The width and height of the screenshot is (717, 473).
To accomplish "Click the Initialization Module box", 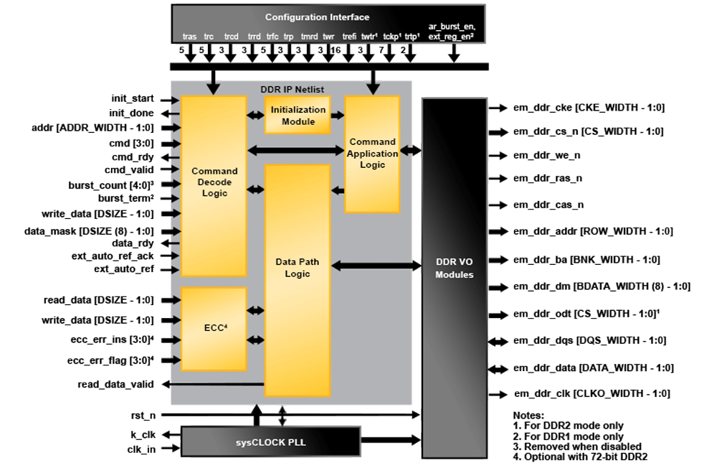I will [x=298, y=116].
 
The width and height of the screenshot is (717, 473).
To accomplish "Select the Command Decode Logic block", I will [x=214, y=182].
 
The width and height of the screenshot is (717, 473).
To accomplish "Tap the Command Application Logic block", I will [x=372, y=153].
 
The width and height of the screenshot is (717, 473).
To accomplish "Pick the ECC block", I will [x=214, y=329].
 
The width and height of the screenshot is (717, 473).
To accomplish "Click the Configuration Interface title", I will [x=317, y=17].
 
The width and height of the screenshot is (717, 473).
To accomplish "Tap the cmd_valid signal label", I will [x=133, y=169].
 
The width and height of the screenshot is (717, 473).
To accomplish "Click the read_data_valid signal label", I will [x=115, y=384].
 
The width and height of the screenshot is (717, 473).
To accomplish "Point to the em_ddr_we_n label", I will [x=546, y=154].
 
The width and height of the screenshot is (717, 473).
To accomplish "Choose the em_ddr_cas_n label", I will [x=548, y=205].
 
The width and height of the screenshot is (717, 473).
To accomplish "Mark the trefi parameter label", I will [x=349, y=36].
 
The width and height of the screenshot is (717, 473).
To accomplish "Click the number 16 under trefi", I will [x=336, y=50].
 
